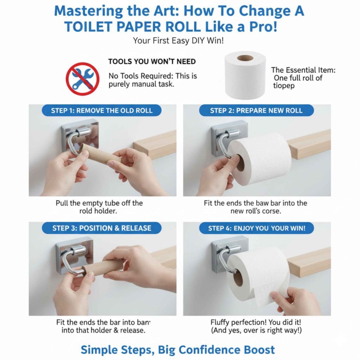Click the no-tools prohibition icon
[x=82, y=79]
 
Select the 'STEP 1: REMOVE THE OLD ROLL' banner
[x=102, y=110]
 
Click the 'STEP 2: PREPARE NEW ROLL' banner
[x=256, y=110]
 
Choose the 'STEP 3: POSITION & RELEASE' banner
[x=102, y=228]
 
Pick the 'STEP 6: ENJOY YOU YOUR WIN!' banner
[x=257, y=228]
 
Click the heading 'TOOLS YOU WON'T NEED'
[x=152, y=62]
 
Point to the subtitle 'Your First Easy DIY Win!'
[x=178, y=41]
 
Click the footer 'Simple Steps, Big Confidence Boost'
[x=178, y=349]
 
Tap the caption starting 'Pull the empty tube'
[x=99, y=203]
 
